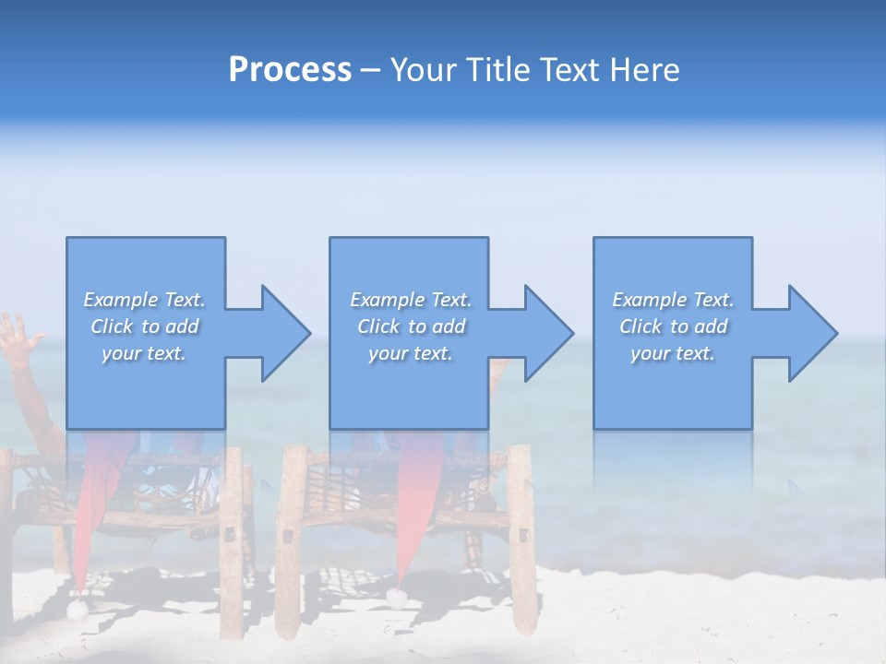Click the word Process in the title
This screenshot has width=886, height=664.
tap(290, 70)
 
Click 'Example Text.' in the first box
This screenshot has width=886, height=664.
tap(144, 300)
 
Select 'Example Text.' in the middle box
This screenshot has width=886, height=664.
tap(410, 300)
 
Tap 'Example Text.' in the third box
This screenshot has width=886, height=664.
tap(673, 300)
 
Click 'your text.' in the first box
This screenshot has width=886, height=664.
tap(144, 353)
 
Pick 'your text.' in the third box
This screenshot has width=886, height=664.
tap(673, 353)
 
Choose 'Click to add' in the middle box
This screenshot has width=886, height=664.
tap(410, 326)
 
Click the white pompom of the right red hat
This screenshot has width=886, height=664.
tap(397, 599)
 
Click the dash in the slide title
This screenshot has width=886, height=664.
tap(370, 70)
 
